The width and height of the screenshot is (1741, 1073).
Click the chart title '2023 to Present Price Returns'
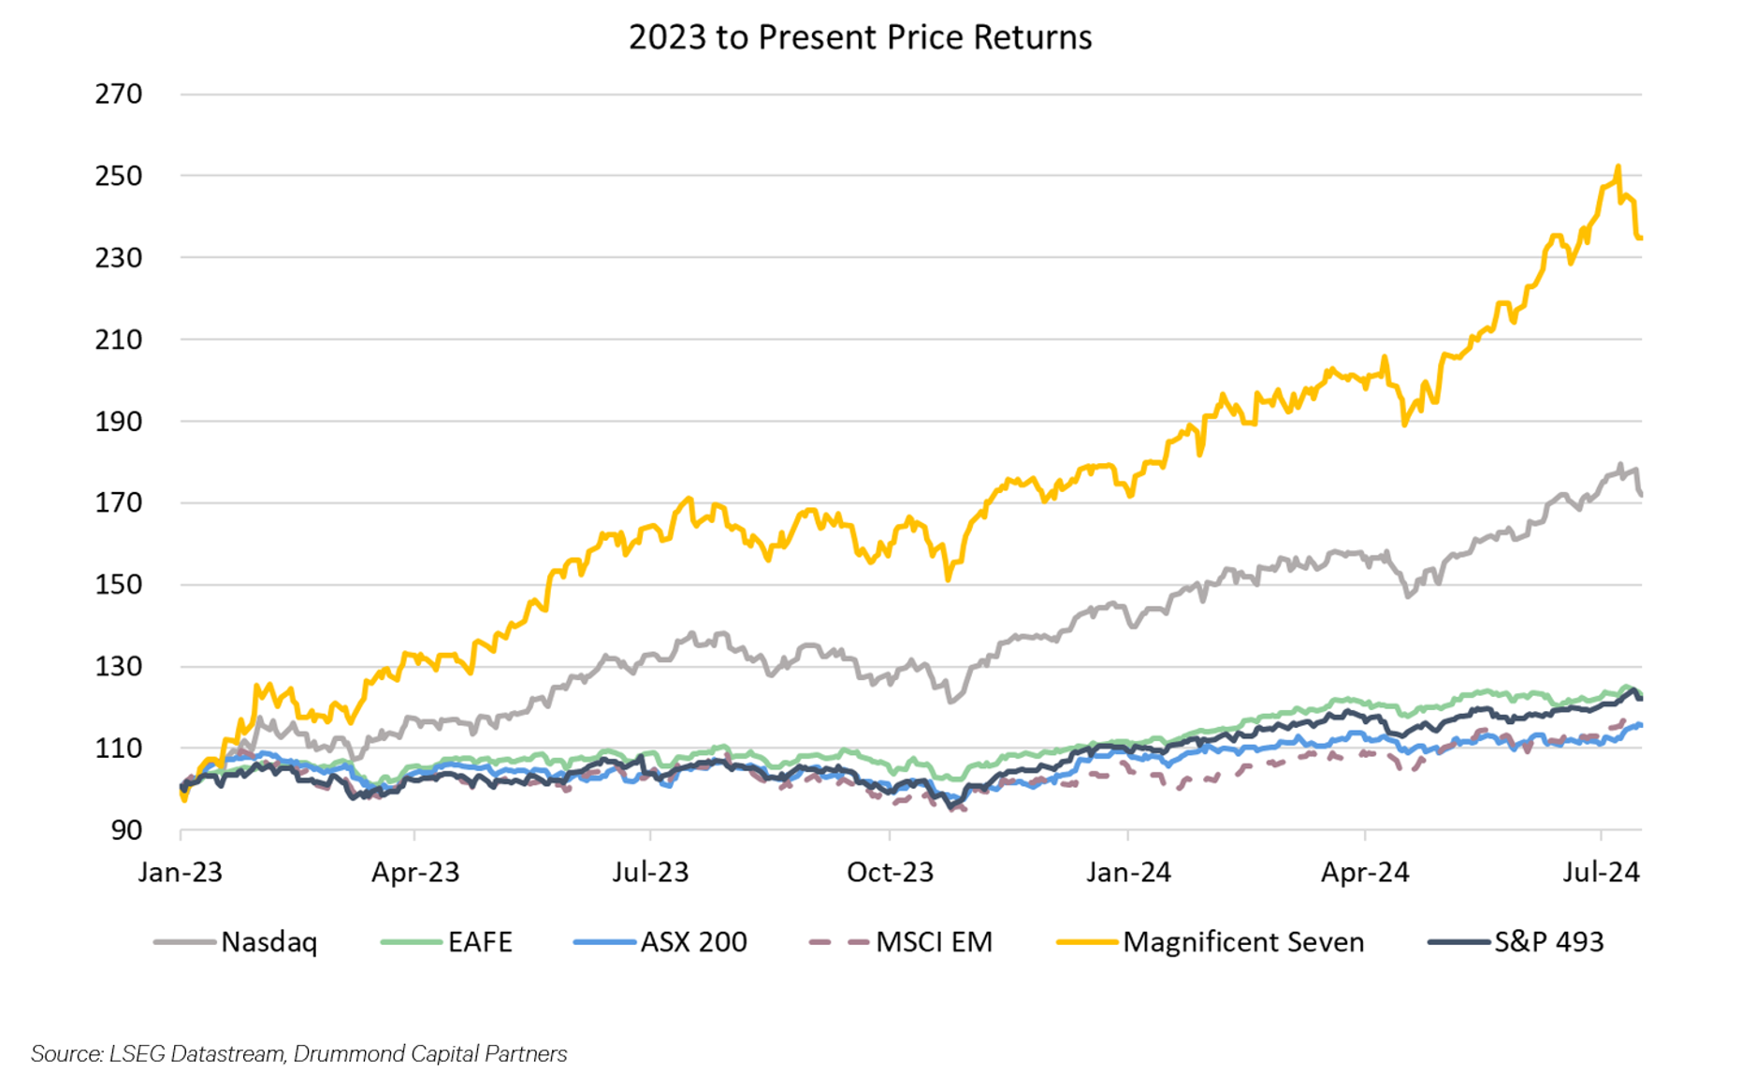pyautogui.click(x=860, y=37)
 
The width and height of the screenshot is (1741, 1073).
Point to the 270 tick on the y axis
pyautogui.click(x=119, y=94)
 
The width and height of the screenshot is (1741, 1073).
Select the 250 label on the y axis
pyautogui.click(x=119, y=176)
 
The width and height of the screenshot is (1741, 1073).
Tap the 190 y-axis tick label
pyautogui.click(x=119, y=421)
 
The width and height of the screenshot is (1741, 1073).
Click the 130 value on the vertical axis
pyautogui.click(x=119, y=666)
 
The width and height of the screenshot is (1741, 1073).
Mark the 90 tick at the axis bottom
pyautogui.click(x=126, y=830)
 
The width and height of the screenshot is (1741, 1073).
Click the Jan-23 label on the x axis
pyautogui.click(x=181, y=872)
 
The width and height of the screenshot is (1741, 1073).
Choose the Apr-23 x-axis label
pyautogui.click(x=415, y=872)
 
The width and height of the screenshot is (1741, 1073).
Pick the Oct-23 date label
pyautogui.click(x=890, y=872)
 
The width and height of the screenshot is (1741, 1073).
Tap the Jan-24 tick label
pyautogui.click(x=1128, y=872)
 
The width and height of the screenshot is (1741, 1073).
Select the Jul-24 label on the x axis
pyautogui.click(x=1601, y=872)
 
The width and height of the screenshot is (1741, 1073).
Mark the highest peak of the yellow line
pyautogui.click(x=1618, y=167)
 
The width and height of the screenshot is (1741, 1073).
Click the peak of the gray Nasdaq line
pyautogui.click(x=1620, y=464)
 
